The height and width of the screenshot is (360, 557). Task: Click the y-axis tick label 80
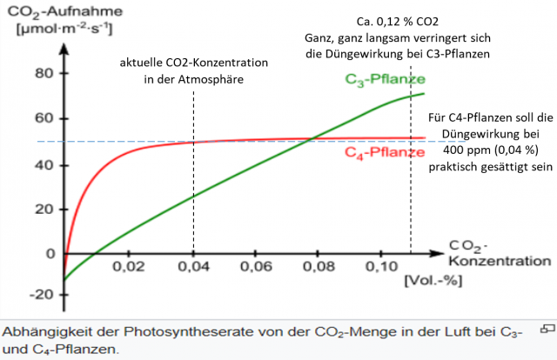[x=44, y=72]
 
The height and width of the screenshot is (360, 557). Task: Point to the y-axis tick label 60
[x=44, y=118]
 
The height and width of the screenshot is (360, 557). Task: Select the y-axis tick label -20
[x=41, y=294]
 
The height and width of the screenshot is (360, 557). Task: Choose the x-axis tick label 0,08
[x=323, y=265]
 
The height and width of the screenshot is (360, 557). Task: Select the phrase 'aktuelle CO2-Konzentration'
[x=194, y=63]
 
